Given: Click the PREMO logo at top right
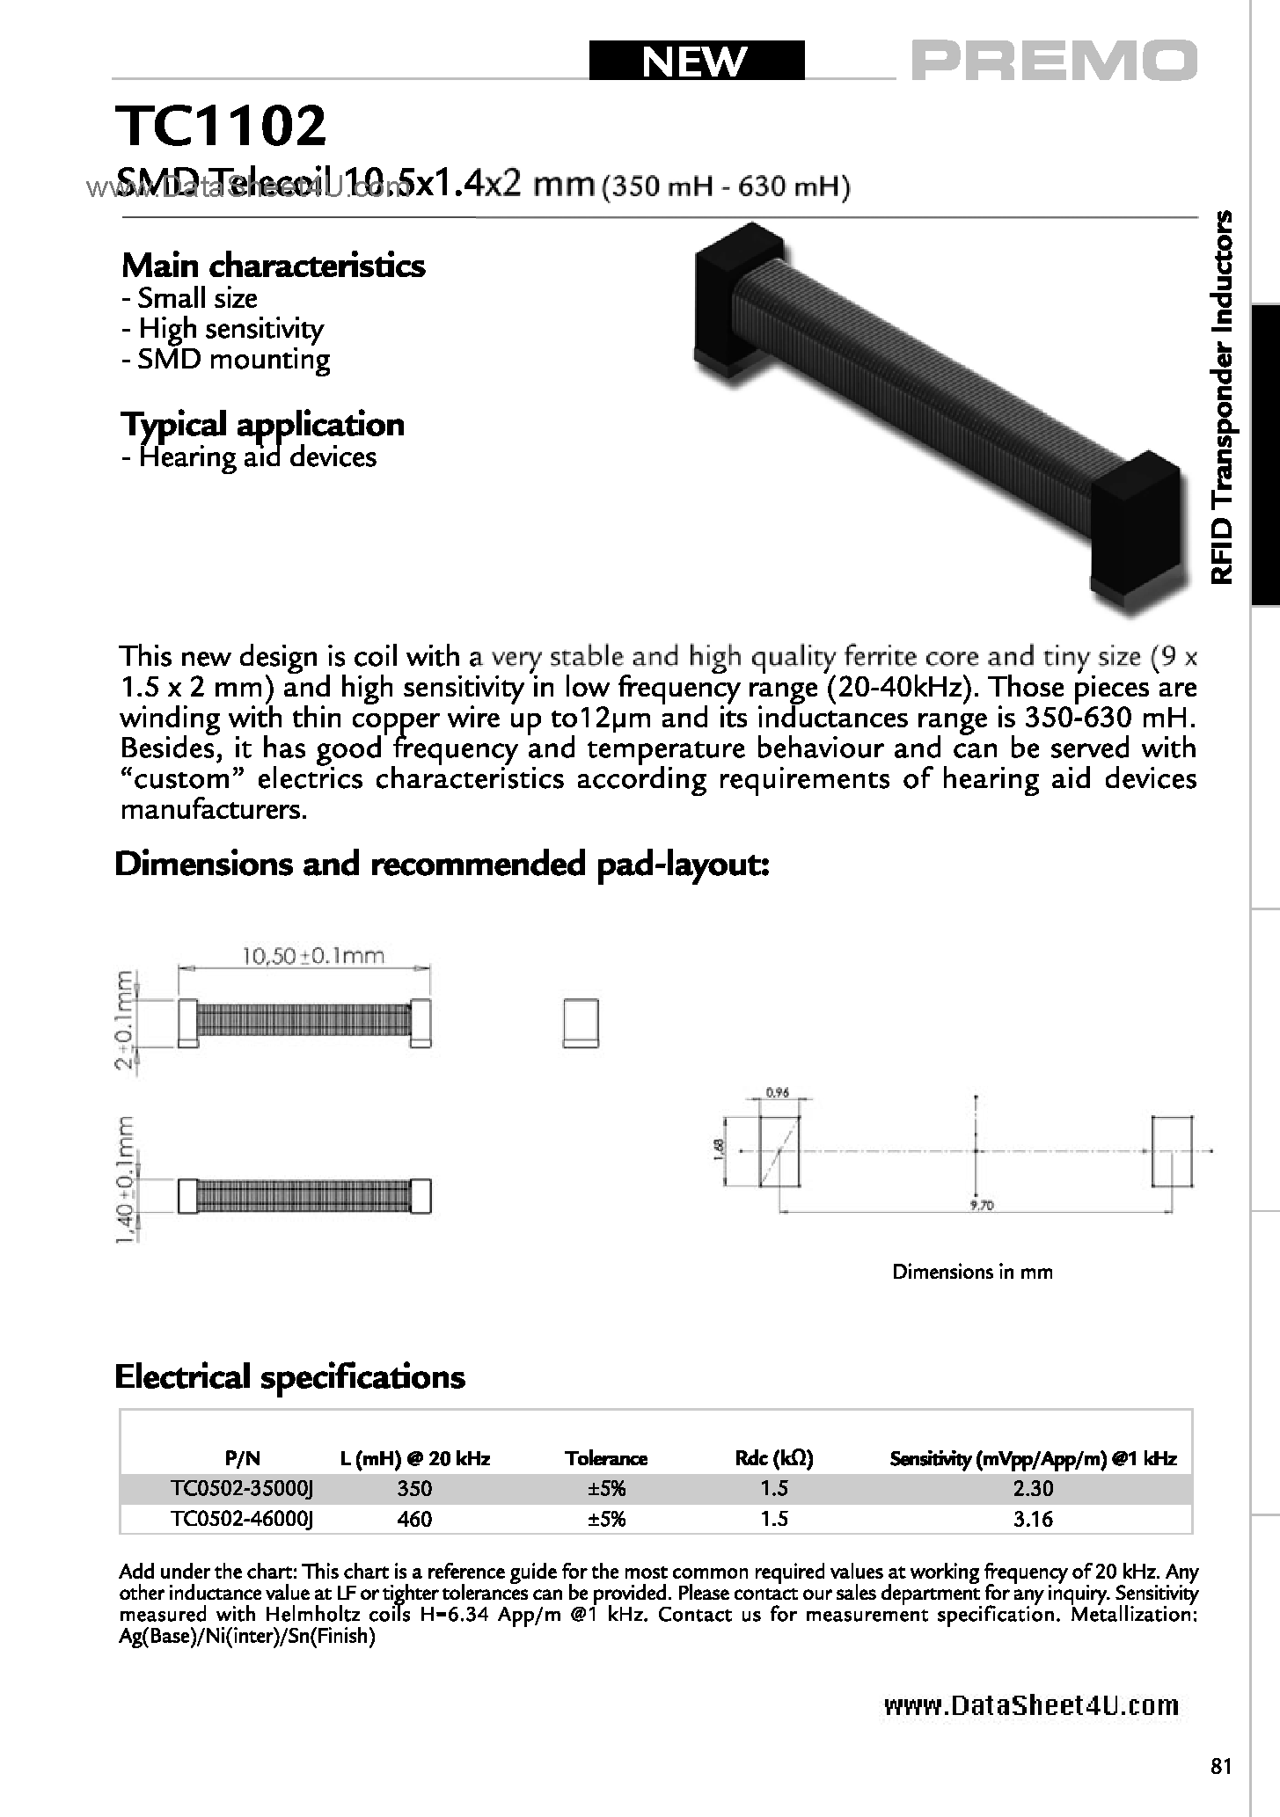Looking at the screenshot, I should coord(1054,62).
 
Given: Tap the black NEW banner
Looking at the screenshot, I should coord(695,62).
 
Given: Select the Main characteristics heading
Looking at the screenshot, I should coord(273,265).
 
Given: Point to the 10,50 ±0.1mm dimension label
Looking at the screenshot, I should coord(312,955).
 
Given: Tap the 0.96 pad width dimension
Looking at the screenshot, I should coord(777,1094).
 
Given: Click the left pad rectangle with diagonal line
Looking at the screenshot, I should coord(779,1150).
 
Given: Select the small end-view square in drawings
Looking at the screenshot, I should coord(580,1022).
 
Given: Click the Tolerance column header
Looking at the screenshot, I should coord(605,1458).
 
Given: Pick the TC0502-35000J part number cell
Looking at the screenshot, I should coord(242,1488).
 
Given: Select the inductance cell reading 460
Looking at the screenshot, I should coord(414,1519).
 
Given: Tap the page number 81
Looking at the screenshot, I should coord(1221,1766).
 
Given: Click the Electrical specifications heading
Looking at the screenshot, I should coord(289,1376).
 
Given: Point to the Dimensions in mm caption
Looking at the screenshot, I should coord(971,1272).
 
